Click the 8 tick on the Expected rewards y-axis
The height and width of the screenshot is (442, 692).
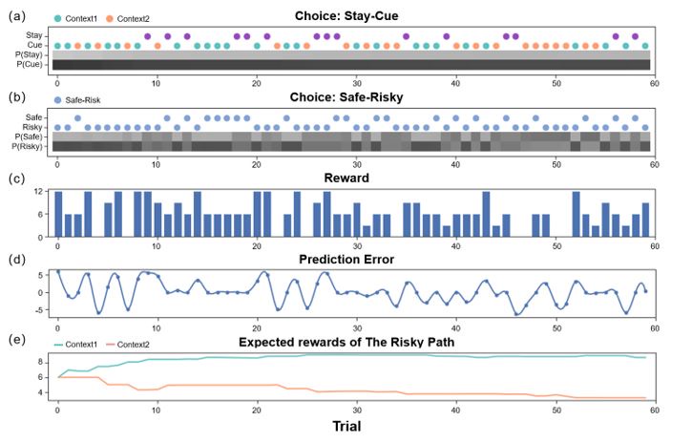tap(42, 362)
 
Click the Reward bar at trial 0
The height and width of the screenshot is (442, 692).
tap(57, 214)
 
